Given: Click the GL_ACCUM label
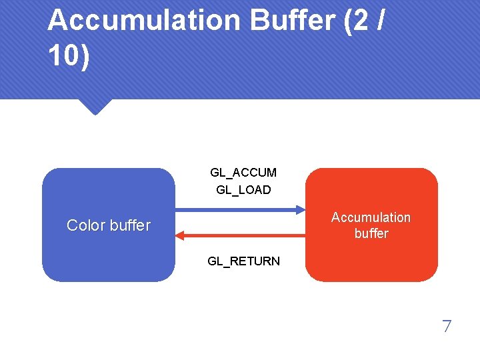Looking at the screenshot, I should pyautogui.click(x=243, y=173).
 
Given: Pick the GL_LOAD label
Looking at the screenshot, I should pyautogui.click(x=243, y=190).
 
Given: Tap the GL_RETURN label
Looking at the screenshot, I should pyautogui.click(x=243, y=261).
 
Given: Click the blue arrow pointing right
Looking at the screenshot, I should pyautogui.click(x=240, y=209).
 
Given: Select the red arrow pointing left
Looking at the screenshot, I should pyautogui.click(x=240, y=235).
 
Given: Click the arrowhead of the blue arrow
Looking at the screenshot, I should pyautogui.click(x=298, y=209).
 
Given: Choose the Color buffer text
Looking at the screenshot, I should pyautogui.click(x=109, y=225).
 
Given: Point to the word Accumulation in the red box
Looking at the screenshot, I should pyautogui.click(x=371, y=217).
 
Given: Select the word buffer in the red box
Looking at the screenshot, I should pyautogui.click(x=371, y=233).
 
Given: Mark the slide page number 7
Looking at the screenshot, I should pyautogui.click(x=447, y=327).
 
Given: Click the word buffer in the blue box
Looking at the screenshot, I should pyautogui.click(x=129, y=225).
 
